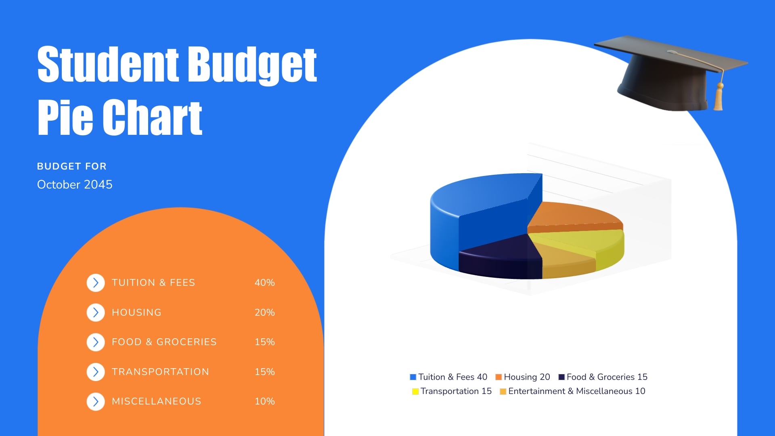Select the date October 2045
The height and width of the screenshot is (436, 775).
click(75, 184)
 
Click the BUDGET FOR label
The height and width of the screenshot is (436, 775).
click(72, 166)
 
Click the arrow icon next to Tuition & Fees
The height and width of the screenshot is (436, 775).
click(96, 283)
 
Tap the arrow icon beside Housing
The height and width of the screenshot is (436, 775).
click(96, 312)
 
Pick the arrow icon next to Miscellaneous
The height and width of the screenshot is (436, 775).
click(96, 401)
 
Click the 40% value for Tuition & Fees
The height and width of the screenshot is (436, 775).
click(264, 283)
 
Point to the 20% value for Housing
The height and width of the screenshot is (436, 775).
click(264, 312)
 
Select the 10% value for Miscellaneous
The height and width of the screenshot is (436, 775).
click(264, 401)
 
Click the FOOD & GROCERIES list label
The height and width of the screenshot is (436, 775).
click(164, 342)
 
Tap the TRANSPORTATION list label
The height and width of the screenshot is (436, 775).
click(160, 372)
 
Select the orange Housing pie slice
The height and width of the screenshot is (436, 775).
click(573, 216)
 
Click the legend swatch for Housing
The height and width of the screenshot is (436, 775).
click(499, 377)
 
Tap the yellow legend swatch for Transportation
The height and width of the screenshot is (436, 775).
click(415, 391)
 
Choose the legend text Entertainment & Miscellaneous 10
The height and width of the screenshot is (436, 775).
click(576, 391)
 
